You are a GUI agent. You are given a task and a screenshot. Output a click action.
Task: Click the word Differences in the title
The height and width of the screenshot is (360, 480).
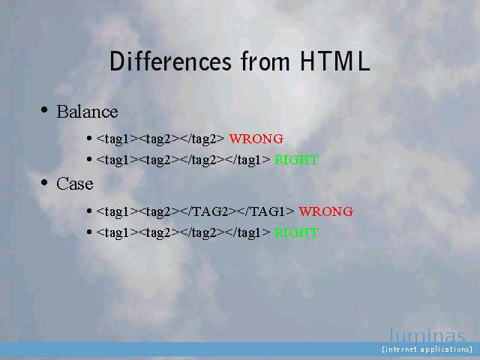point(170,61)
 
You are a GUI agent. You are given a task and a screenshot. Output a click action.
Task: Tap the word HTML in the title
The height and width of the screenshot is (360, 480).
point(335,61)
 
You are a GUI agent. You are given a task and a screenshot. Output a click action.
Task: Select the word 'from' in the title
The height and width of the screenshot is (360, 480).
point(265,61)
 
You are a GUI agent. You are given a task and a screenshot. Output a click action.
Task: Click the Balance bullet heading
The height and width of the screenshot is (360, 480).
point(87,112)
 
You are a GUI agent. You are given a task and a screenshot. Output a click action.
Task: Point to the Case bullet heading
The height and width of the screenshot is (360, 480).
point(75,184)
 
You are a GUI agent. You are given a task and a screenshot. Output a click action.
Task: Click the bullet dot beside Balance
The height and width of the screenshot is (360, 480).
point(44,109)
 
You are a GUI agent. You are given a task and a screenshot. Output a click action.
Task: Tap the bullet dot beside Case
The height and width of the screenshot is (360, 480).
point(44,182)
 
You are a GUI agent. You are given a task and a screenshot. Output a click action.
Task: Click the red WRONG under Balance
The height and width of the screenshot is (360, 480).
point(256,139)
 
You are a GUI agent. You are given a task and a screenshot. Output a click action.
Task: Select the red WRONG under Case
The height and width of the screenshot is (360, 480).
point(325,211)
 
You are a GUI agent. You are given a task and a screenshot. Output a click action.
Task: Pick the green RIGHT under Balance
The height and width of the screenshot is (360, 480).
point(296,160)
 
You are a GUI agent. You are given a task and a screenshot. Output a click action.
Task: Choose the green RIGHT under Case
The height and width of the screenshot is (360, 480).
point(296,232)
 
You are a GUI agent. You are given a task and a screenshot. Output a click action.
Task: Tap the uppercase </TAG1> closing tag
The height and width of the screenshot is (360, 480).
point(265,211)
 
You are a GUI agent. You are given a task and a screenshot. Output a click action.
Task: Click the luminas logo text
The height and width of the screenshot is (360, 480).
point(427,335)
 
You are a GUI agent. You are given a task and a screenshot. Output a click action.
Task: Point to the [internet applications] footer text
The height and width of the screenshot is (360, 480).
point(427,349)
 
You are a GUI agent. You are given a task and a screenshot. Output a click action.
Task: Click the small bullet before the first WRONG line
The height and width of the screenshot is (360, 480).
point(89,138)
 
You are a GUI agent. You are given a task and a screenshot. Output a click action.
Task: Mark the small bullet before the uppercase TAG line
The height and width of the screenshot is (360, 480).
point(89,211)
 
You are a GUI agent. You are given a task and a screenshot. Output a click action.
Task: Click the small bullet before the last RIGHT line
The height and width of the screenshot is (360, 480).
point(89,232)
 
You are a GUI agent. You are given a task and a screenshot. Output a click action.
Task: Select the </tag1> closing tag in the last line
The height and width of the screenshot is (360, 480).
point(247,233)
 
